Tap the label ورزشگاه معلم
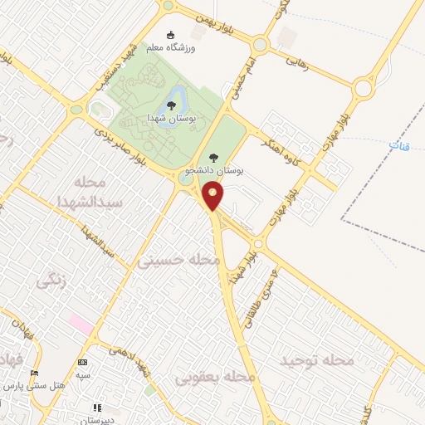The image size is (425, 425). click(172, 49)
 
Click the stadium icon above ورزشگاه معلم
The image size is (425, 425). click(172, 36)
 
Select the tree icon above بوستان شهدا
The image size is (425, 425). click(171, 105)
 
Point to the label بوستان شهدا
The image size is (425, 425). click(171, 120)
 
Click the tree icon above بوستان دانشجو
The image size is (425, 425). click(213, 158)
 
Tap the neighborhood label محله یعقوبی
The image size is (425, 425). click(215, 377)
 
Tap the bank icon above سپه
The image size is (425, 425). click(82, 362)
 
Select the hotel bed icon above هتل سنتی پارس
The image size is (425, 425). click(34, 372)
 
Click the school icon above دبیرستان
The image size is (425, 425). click(96, 408)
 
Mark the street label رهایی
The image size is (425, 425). click(296, 62)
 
